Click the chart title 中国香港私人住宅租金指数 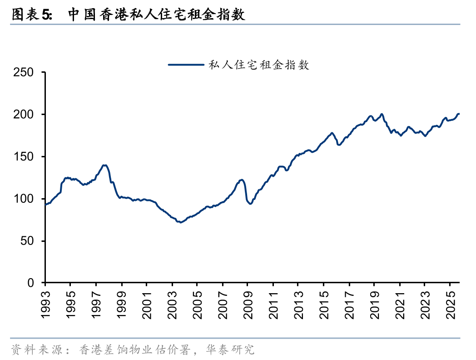click(x=157, y=15)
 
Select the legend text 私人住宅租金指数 click(x=258, y=65)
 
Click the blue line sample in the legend click(x=185, y=65)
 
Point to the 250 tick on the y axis click(x=24, y=72)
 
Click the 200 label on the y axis click(x=24, y=115)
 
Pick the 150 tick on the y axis click(x=24, y=157)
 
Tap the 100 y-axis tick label click(x=24, y=199)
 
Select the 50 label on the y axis click(x=27, y=241)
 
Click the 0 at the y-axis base click(x=30, y=283)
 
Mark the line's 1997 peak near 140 click(x=105, y=165)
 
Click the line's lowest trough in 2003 click(x=180, y=222)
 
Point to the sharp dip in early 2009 click(x=250, y=203)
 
